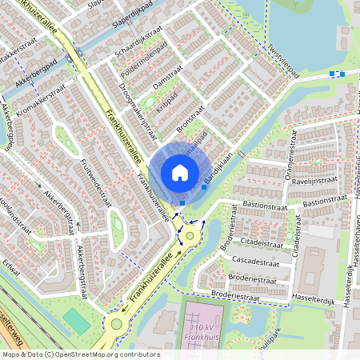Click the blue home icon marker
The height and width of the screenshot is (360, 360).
coord(180,172)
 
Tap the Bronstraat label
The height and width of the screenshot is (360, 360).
coord(191,117)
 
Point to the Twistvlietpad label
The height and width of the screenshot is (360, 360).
coord(284,61)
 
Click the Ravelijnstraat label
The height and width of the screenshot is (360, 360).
coord(314,181)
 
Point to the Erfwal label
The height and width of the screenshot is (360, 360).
coord(10,264)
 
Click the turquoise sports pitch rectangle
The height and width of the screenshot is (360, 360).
coord(76,321)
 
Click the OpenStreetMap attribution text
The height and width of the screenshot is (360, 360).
coord(80,354)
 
